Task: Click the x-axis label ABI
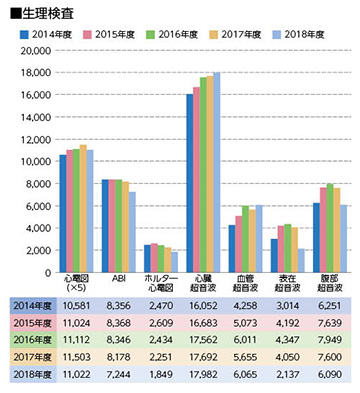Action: point(118,281)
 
